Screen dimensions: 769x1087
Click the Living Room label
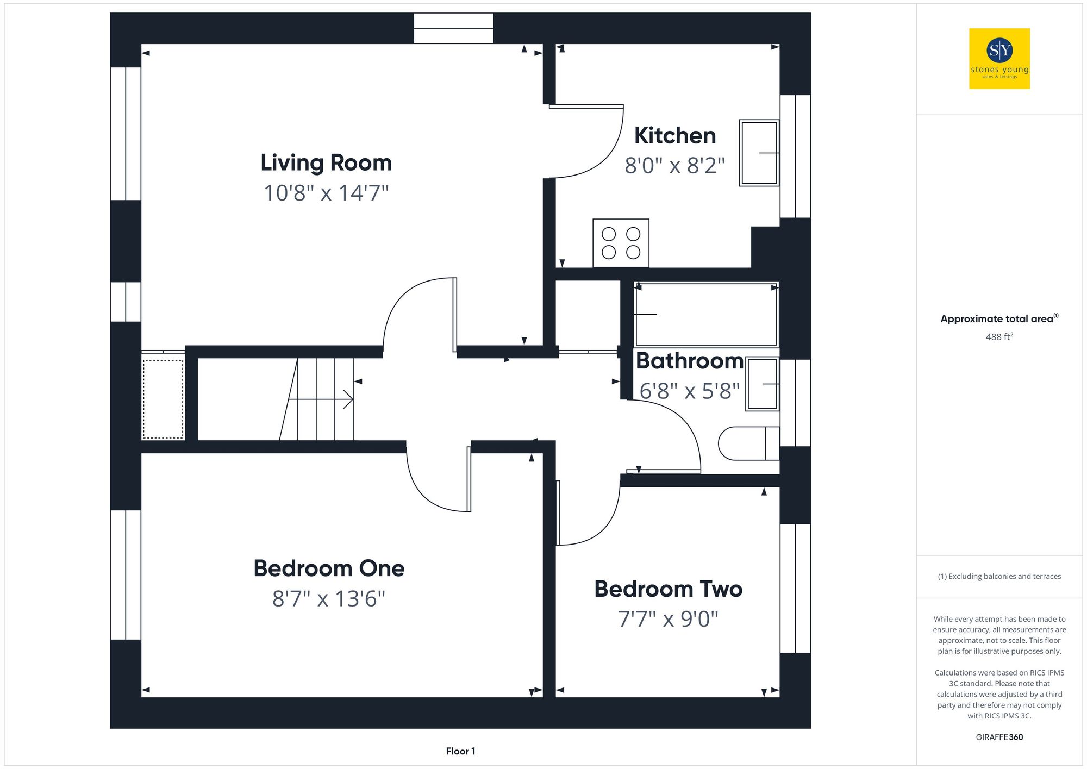(x=326, y=162)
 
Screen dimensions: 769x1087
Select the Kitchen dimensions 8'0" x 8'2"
(x=674, y=166)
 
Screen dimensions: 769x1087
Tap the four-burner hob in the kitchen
(x=621, y=243)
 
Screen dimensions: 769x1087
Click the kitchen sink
(x=759, y=153)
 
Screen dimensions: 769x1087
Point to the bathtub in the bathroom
(x=706, y=314)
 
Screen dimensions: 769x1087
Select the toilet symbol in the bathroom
(x=747, y=443)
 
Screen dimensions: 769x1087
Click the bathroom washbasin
(x=763, y=384)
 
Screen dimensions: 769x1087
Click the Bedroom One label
(x=329, y=568)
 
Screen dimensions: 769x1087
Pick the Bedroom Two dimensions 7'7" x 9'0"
(x=668, y=619)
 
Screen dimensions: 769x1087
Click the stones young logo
(x=999, y=59)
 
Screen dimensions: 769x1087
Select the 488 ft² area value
(x=999, y=337)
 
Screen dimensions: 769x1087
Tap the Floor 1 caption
(x=460, y=751)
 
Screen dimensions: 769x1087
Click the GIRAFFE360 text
(x=999, y=737)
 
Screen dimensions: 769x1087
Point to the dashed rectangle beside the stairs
(x=163, y=399)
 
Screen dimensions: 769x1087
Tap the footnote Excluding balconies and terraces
(x=999, y=577)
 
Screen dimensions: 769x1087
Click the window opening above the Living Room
(x=453, y=28)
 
